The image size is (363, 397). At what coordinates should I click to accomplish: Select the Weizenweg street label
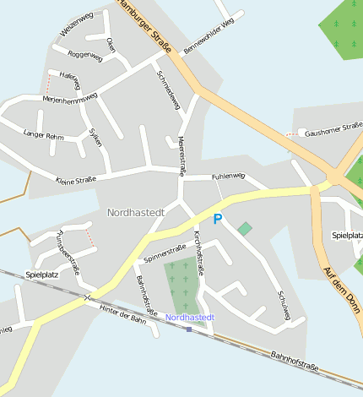(77, 24)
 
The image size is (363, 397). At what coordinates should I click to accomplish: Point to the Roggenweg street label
(84, 57)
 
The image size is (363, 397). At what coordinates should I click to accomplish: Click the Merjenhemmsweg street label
(71, 98)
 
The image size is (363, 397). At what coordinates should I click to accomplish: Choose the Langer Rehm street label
(44, 135)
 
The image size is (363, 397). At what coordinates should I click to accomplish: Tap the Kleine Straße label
(76, 179)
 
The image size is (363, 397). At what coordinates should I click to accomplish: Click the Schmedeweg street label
(169, 89)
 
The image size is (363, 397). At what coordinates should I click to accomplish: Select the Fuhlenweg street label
(228, 176)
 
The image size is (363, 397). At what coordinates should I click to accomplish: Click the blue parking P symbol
(217, 220)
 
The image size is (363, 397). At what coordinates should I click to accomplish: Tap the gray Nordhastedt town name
(134, 212)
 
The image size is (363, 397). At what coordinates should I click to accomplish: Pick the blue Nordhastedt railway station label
(190, 317)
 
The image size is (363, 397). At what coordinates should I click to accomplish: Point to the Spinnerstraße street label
(165, 251)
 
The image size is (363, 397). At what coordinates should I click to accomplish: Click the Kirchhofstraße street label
(199, 252)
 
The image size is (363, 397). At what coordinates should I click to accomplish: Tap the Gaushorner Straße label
(333, 129)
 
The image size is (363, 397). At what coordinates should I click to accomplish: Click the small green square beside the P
(245, 228)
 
